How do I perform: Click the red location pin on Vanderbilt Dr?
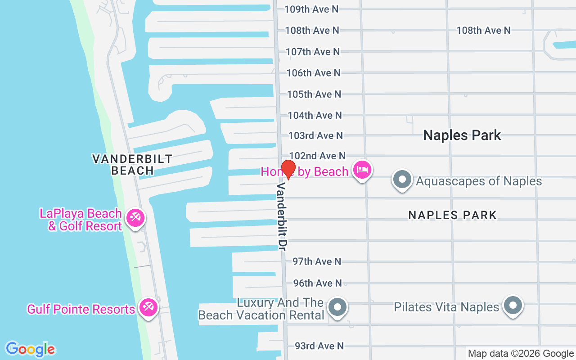[288, 169]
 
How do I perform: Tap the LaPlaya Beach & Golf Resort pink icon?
[134, 218]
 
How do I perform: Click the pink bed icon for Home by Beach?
[363, 170]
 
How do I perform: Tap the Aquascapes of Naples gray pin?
[402, 180]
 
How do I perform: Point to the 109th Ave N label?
[311, 9]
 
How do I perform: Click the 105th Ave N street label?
[314, 94]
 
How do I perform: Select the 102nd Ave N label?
[317, 156]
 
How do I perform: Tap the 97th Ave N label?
[317, 261]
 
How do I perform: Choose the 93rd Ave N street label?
[319, 346]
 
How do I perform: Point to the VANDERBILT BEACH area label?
[132, 165]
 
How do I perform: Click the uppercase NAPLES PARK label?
[452, 215]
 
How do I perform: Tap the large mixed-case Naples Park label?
[462, 135]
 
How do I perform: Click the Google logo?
[30, 349]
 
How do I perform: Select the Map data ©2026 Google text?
[521, 354]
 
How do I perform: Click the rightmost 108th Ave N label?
[483, 30]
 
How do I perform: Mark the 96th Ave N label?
[317, 283]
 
